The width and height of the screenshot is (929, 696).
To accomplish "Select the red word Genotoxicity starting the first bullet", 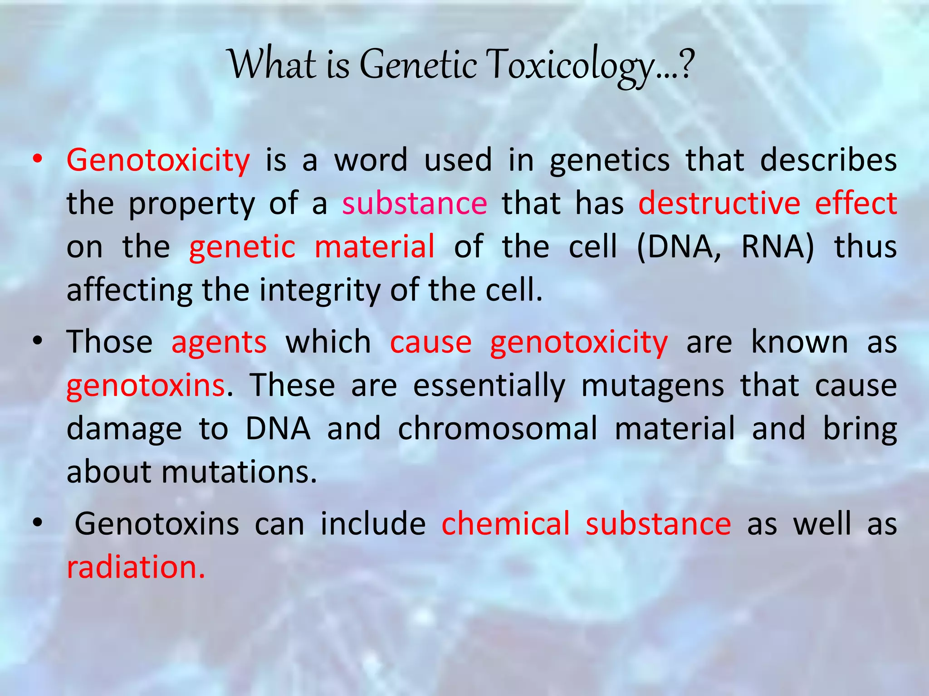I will pos(158,160).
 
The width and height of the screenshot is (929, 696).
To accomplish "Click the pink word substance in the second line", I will pos(415,203).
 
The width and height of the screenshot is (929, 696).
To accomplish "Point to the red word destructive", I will pos(719,203).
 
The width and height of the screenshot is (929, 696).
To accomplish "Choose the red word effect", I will pos(856,203).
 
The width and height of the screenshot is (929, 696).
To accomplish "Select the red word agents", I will pos(219,342).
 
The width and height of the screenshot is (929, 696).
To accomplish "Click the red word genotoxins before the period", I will pos(146,386).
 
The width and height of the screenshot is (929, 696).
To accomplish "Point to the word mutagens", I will pos(653,386).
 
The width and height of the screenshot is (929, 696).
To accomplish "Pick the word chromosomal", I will pos(498,429).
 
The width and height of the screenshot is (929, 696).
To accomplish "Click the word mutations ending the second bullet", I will pos(239,472).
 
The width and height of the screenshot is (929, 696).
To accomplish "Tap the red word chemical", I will pos(505,524).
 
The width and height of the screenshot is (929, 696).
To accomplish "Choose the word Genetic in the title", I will pos(418,65).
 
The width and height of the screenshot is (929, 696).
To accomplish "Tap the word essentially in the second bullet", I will pos(489,386).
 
